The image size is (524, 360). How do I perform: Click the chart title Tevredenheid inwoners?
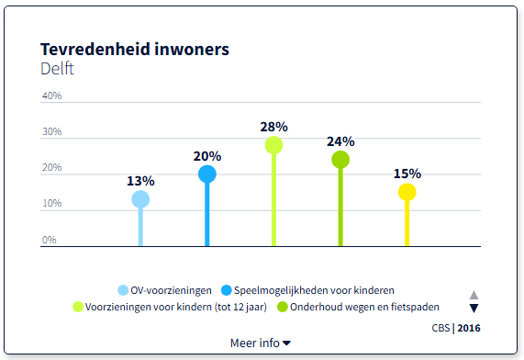tap(135, 49)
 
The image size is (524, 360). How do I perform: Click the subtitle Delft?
tap(58, 69)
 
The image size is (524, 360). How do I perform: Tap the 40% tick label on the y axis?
tap(51, 96)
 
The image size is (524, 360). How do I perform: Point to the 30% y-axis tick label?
tap(51, 132)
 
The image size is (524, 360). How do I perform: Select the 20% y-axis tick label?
tap(51, 168)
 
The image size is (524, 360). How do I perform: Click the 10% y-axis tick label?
tap(51, 204)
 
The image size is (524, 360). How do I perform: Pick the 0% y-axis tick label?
tap(50, 240)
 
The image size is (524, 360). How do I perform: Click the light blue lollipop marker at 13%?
tap(140, 199)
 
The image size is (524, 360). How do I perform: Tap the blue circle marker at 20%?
tap(207, 174)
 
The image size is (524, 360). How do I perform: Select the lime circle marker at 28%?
tap(273, 145)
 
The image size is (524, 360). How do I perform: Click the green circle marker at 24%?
tap(340, 160)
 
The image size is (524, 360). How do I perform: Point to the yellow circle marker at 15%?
tap(407, 192)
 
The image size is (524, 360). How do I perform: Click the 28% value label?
tap(273, 127)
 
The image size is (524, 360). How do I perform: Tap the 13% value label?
tap(140, 181)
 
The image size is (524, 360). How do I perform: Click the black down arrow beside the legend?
tap(474, 309)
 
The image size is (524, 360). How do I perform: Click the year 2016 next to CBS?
tap(469, 327)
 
